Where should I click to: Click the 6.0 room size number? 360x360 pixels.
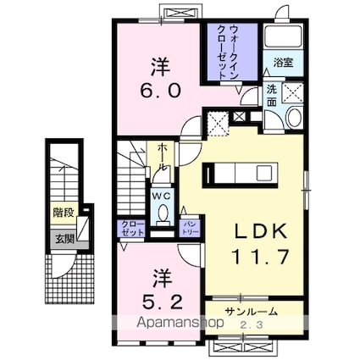[158, 90]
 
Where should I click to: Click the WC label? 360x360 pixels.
[161, 195]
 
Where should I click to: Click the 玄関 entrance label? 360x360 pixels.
[64, 238]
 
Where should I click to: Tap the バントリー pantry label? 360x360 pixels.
[190, 225]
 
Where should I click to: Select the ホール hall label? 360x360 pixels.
[160, 161]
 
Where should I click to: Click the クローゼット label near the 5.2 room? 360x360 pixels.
[130, 228]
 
